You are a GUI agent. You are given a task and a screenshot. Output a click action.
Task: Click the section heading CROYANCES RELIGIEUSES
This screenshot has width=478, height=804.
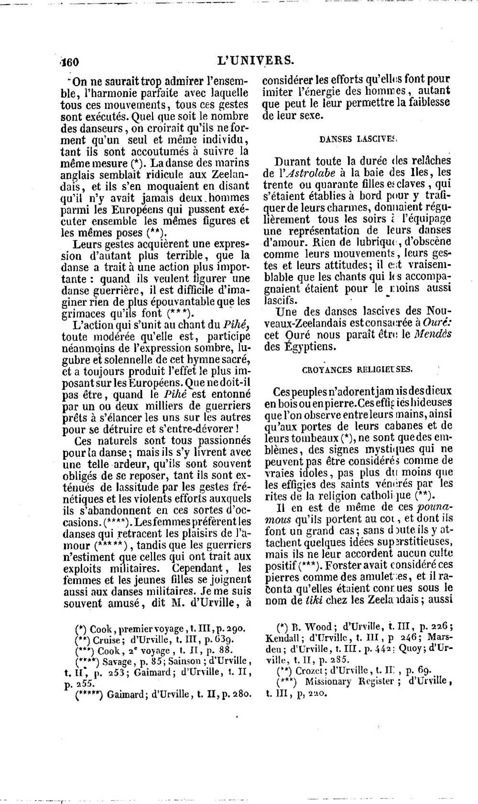(358, 369)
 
